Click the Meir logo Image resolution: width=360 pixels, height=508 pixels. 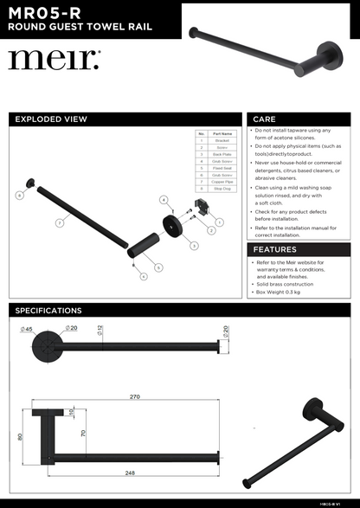[55, 61]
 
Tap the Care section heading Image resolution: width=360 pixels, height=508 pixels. [264, 119]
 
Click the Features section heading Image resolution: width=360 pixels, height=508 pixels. [275, 249]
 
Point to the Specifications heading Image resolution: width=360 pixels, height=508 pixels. [48, 310]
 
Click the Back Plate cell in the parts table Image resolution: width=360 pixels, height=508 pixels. [222, 151]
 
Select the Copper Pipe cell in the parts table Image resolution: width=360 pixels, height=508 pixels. [222, 182]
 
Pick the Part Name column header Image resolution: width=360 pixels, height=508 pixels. [222, 134]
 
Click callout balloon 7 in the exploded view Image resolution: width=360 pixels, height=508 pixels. [59, 222]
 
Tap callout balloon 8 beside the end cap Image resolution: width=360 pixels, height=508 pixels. [19, 196]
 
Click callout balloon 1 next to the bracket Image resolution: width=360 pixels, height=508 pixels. [219, 222]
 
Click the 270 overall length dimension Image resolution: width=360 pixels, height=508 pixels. [135, 397]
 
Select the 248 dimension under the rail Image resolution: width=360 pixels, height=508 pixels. [130, 473]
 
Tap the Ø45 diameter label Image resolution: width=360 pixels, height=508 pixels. [26, 329]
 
